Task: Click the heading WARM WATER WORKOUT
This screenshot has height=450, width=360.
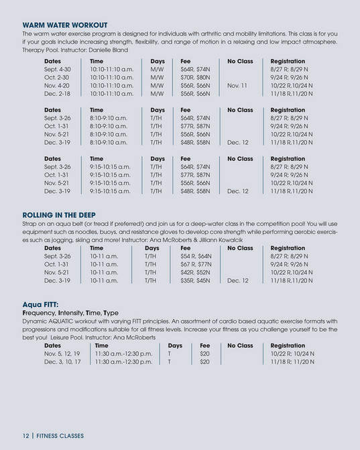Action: coord(65,25)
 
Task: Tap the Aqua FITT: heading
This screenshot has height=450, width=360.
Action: coord(41,304)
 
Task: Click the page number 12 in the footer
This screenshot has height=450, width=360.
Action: coord(26,435)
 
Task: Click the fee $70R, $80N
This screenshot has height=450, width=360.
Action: coord(194,77)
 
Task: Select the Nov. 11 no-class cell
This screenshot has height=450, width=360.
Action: coord(237,86)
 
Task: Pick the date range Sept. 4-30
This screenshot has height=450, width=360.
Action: coord(57,68)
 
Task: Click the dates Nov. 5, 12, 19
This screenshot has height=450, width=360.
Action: coord(62,353)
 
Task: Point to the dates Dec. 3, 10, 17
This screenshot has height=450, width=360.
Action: coord(62,361)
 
